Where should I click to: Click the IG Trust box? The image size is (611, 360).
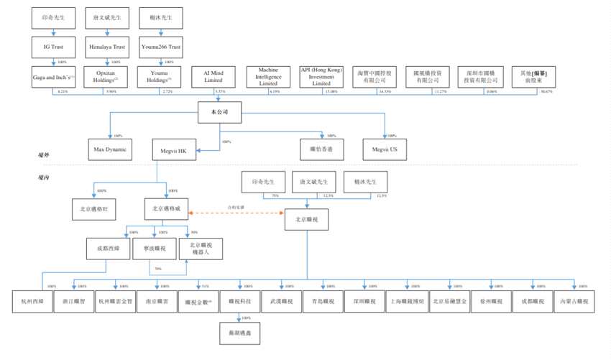[53, 47]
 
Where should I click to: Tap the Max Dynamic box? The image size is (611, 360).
[110, 149]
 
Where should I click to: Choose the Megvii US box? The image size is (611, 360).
[385, 149]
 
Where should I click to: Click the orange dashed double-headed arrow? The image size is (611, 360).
[236, 212]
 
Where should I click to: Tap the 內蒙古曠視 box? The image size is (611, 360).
[574, 302]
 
